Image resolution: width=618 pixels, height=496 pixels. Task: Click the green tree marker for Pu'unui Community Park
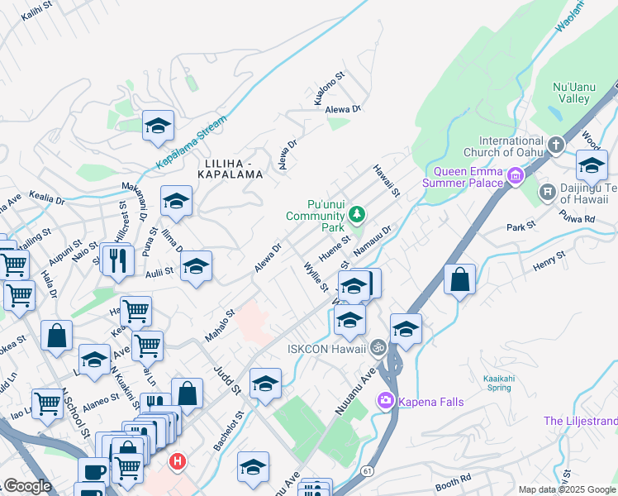357,216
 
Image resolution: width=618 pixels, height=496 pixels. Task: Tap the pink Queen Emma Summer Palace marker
516,175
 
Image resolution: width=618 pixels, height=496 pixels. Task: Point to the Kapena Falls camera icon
385,402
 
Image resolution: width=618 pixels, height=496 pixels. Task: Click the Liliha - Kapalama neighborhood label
231,169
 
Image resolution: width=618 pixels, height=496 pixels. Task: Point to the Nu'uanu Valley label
570,93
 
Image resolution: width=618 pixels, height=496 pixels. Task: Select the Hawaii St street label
386,180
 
